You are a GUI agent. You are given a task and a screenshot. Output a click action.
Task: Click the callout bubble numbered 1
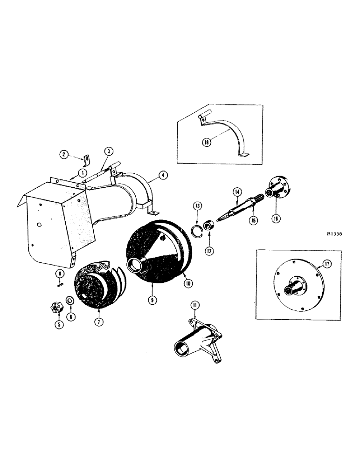coord(83,172)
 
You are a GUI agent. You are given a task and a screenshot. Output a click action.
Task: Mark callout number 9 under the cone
coord(98,321)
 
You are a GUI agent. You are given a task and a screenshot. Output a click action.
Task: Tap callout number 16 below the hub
coord(276,218)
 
